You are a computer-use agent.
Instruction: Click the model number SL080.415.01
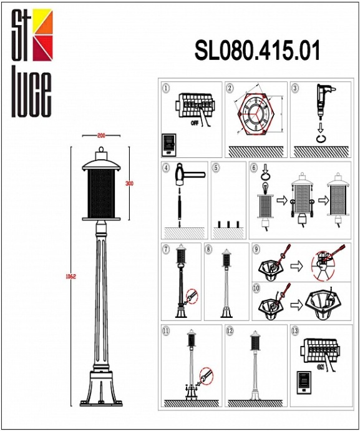click(257, 51)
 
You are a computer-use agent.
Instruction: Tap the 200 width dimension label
click(100, 136)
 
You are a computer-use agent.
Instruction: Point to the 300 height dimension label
click(130, 183)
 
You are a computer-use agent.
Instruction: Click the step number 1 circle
click(165, 88)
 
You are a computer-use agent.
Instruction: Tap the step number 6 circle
click(254, 167)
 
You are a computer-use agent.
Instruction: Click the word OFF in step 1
click(195, 124)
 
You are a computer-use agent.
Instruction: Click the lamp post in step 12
click(254, 365)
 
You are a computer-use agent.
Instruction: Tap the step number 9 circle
click(256, 249)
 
